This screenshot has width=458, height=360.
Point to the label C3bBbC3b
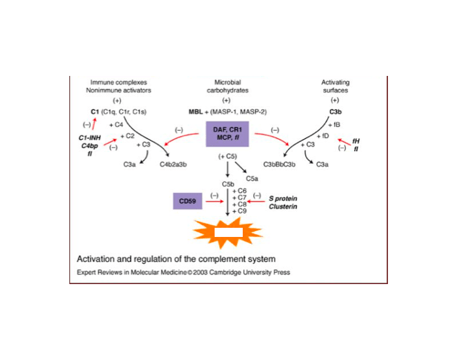pyautogui.click(x=281, y=166)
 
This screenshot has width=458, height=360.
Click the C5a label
pyautogui.click(x=251, y=177)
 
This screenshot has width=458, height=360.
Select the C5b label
pyautogui.click(x=228, y=185)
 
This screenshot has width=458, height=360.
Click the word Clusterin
pyautogui.click(x=283, y=207)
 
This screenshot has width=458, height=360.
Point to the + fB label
pyautogui.click(x=334, y=124)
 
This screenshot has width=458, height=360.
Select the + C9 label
pyautogui.click(x=239, y=211)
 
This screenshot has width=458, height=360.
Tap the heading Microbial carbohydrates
pyautogui.click(x=227, y=86)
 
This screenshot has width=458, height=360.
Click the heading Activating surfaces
pyautogui.click(x=335, y=86)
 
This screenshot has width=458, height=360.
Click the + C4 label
pyautogui.click(x=115, y=124)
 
